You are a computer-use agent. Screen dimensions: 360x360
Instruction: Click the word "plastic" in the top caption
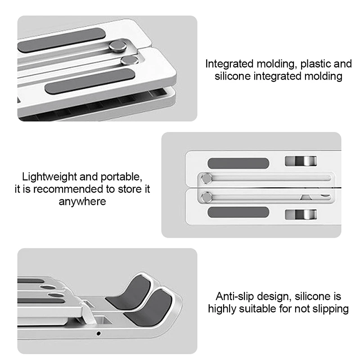[x=313, y=63]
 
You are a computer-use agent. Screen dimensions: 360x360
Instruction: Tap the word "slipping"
[x=331, y=309]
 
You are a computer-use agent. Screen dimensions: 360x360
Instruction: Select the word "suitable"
[x=261, y=309]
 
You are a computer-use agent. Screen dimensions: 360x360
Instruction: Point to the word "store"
[x=127, y=189]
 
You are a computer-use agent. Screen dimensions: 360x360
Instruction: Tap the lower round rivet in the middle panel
[x=207, y=196]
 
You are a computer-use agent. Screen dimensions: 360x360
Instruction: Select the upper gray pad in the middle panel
[x=238, y=162]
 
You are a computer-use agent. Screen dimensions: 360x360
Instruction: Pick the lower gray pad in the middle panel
[x=238, y=212]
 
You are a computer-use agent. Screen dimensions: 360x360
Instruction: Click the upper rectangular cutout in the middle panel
[x=301, y=161]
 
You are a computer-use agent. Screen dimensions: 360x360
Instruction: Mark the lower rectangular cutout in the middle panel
[x=301, y=214]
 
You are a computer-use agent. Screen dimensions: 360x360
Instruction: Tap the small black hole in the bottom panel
[x=99, y=334]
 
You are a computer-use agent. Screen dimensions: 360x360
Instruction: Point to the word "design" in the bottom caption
[x=275, y=297]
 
